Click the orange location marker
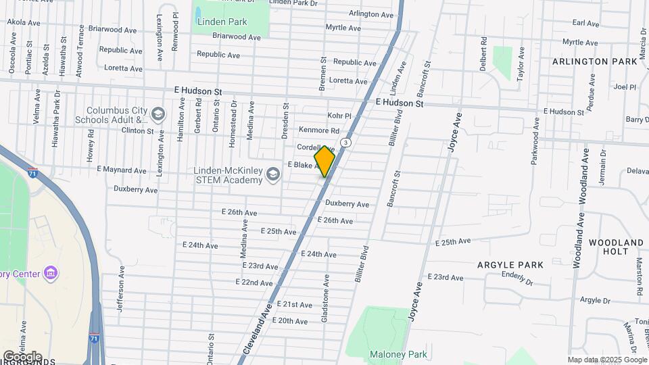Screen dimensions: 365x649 click(x=324, y=162)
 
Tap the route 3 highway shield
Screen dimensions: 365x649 click(x=345, y=142)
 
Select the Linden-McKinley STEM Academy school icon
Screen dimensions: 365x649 click(x=273, y=175)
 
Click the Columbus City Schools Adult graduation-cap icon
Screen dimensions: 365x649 click(x=158, y=114)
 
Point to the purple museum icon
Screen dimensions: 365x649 click(x=50, y=273)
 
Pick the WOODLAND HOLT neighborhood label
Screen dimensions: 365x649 click(x=616, y=247)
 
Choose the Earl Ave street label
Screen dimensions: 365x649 click(x=585, y=23)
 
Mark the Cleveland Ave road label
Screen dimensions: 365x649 click(x=264, y=331)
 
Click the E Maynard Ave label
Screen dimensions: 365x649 click(x=121, y=170)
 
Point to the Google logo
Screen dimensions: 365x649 click(x=22, y=356)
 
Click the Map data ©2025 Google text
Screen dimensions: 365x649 click(x=606, y=360)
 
